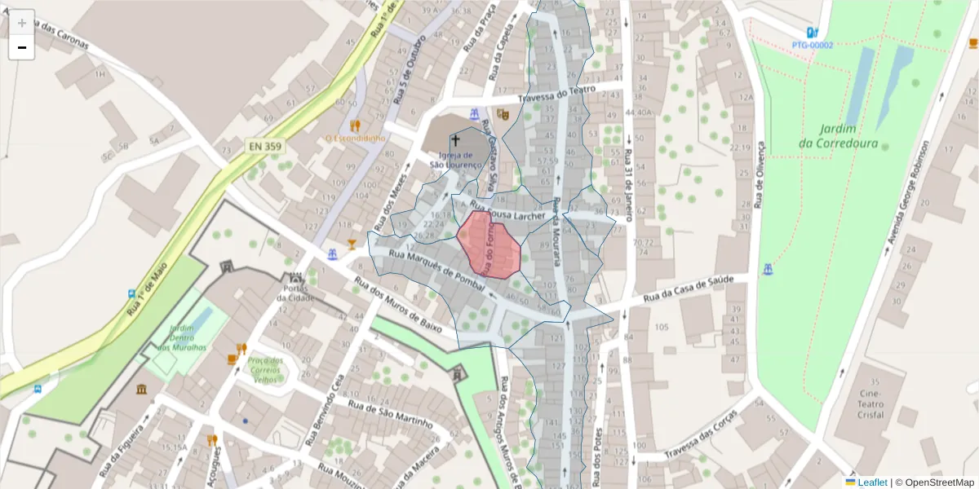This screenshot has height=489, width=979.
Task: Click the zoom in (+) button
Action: coord(22,23)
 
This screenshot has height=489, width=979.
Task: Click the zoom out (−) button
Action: coord(22,47)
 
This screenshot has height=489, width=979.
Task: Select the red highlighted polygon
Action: coord(489,244)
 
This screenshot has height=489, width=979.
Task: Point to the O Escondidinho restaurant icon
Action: coord(355,126)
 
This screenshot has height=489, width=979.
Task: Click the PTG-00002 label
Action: coord(813,45)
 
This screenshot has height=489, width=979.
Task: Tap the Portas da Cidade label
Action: coord(295,290)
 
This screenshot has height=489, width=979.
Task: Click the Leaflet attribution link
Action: coord(871,482)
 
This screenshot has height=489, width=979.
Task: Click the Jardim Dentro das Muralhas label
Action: coord(181,337)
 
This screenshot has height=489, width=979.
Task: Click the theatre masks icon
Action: coord(503,115)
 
